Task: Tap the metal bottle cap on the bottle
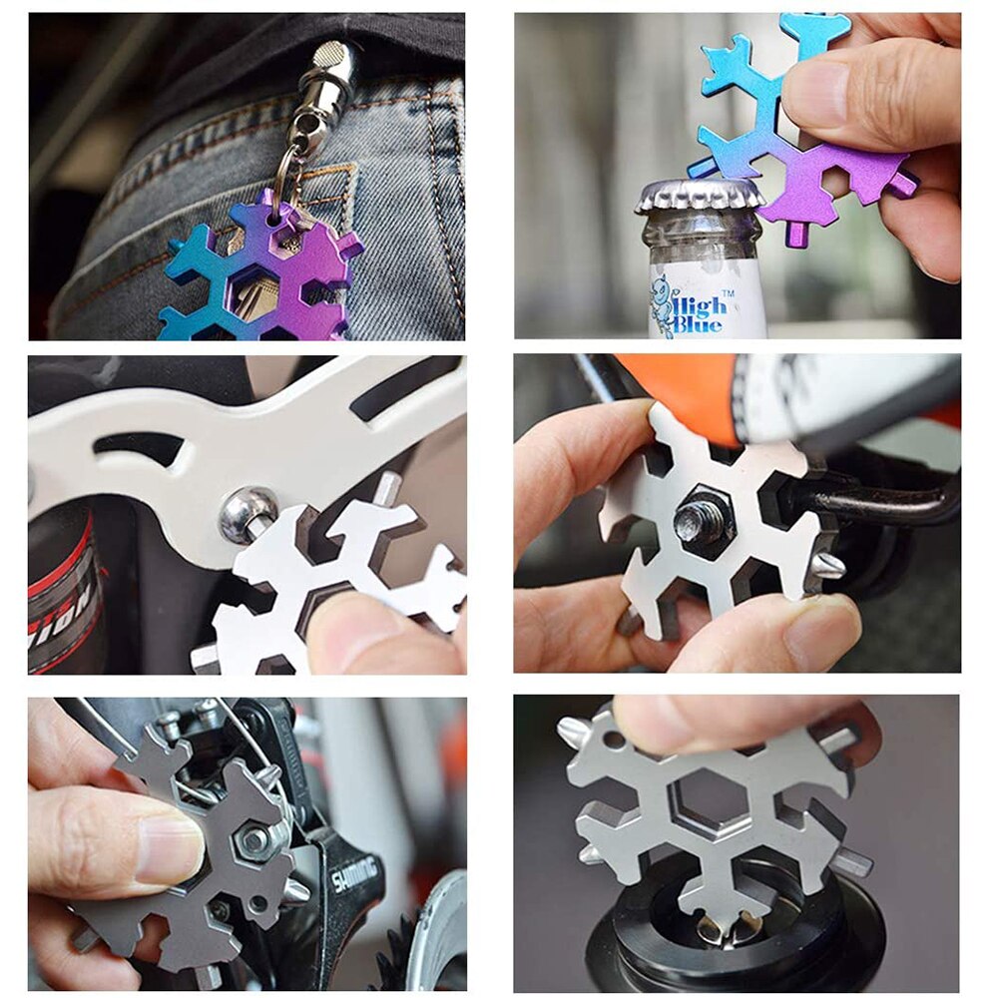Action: [700, 197]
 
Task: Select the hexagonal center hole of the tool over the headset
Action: [710, 798]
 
